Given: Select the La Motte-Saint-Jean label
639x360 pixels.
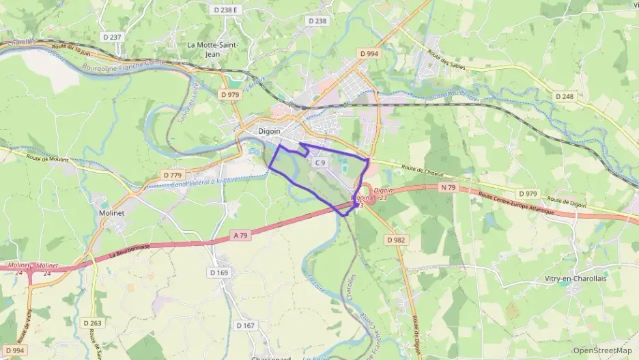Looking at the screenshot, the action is click(x=212, y=49).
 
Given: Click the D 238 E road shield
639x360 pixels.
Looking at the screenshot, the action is click(x=225, y=10).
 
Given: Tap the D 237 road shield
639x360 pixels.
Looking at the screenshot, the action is click(x=115, y=37).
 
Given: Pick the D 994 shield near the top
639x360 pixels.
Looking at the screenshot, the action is click(x=369, y=53).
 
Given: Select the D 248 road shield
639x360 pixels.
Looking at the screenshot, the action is click(x=565, y=96).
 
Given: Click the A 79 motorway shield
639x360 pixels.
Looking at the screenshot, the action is click(x=240, y=235).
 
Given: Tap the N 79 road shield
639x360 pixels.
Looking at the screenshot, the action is click(x=448, y=187).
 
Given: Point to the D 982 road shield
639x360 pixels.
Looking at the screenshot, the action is click(x=396, y=240).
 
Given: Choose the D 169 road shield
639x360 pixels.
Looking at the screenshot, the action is click(x=220, y=273).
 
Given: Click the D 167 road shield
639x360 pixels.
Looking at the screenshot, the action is click(x=245, y=325).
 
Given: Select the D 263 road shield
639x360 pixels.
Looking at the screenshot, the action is click(x=92, y=323).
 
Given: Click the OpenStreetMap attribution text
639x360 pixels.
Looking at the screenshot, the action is click(x=602, y=350).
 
